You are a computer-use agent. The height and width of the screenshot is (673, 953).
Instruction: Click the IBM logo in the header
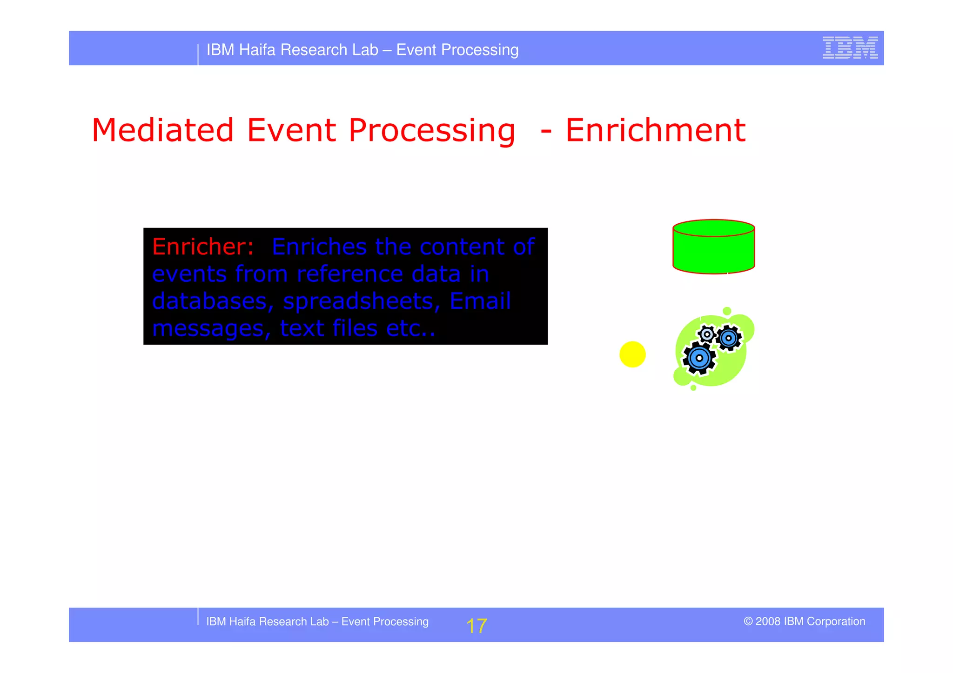click(x=850, y=47)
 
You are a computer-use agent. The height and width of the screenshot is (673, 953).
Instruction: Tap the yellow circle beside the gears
click(x=632, y=354)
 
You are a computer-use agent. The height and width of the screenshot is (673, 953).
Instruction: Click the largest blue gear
click(x=699, y=358)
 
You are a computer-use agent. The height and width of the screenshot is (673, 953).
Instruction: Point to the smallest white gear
click(x=707, y=334)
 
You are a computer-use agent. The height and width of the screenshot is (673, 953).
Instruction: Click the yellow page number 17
click(x=476, y=626)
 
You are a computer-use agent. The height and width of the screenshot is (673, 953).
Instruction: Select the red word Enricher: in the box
click(x=203, y=247)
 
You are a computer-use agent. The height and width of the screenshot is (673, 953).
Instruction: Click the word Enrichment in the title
click(x=655, y=130)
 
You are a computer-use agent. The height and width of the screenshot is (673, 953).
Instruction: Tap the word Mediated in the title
click(x=162, y=130)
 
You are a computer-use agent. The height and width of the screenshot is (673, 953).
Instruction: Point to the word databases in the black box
click(x=209, y=301)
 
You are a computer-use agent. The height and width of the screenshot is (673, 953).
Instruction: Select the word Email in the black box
click(x=480, y=301)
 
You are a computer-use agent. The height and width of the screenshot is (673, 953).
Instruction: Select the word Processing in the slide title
click(x=431, y=131)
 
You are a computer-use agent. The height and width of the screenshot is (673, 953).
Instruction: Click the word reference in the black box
click(x=349, y=274)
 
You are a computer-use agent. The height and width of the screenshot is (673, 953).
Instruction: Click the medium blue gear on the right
click(x=728, y=338)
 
